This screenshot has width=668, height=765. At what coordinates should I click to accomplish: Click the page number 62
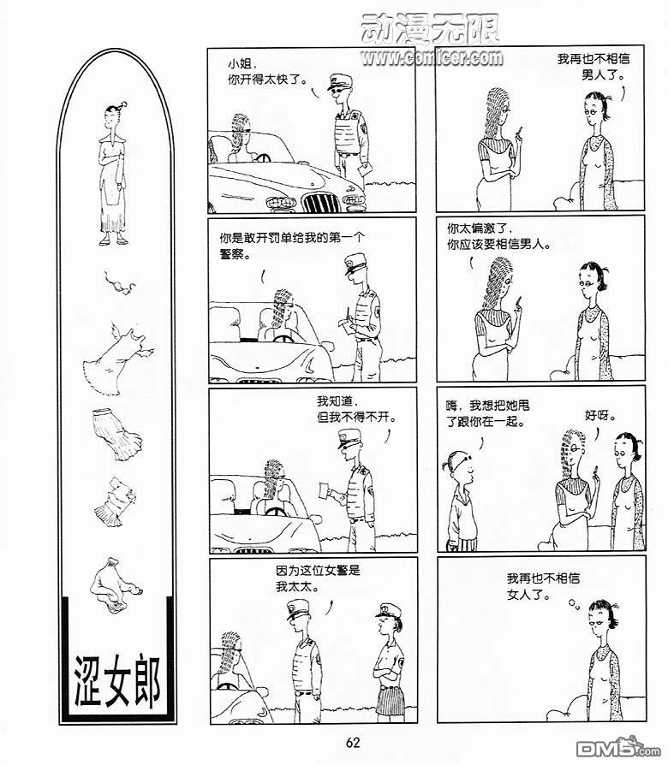pyautogui.click(x=353, y=743)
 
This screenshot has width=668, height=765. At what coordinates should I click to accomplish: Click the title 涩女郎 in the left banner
pyautogui.click(x=117, y=680)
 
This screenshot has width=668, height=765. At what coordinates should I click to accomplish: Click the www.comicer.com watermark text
pyautogui.click(x=432, y=57)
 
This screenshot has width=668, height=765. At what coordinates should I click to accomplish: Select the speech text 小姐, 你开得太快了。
pyautogui.click(x=267, y=72)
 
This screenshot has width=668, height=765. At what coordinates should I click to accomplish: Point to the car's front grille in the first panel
pyautogui.click(x=319, y=201)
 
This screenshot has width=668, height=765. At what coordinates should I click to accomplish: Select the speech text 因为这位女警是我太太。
pyautogui.click(x=318, y=578)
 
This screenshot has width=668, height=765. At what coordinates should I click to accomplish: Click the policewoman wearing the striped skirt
pyautogui.click(x=390, y=661)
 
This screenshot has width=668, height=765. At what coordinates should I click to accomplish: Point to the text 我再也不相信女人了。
pyautogui.click(x=543, y=586)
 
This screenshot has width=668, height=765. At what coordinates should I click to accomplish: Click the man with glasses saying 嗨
pyautogui.click(x=461, y=501)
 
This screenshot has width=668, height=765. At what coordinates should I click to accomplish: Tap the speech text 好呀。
pyautogui.click(x=600, y=416)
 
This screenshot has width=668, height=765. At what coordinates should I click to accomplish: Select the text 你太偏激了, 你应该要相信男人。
pyautogui.click(x=498, y=236)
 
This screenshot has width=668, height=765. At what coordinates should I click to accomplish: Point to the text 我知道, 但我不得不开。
pyautogui.click(x=356, y=409)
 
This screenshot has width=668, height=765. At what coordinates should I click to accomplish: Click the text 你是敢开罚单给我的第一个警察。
pyautogui.click(x=291, y=246)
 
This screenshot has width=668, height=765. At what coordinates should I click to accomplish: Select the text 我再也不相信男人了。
pyautogui.click(x=593, y=67)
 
